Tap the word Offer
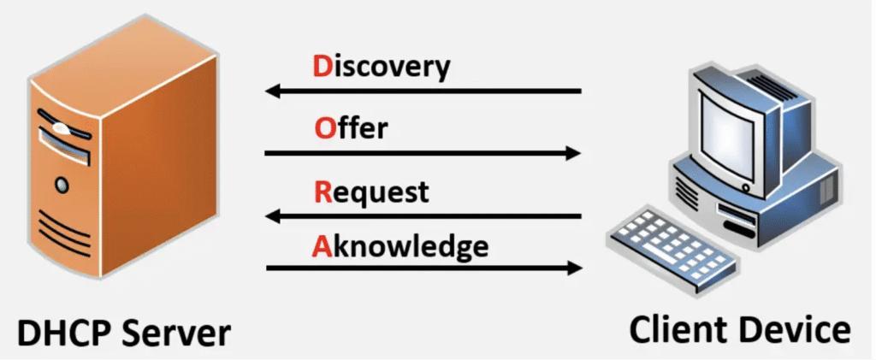click(351, 129)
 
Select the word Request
click(370, 192)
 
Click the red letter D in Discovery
click(322, 66)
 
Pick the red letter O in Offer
click(323, 129)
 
